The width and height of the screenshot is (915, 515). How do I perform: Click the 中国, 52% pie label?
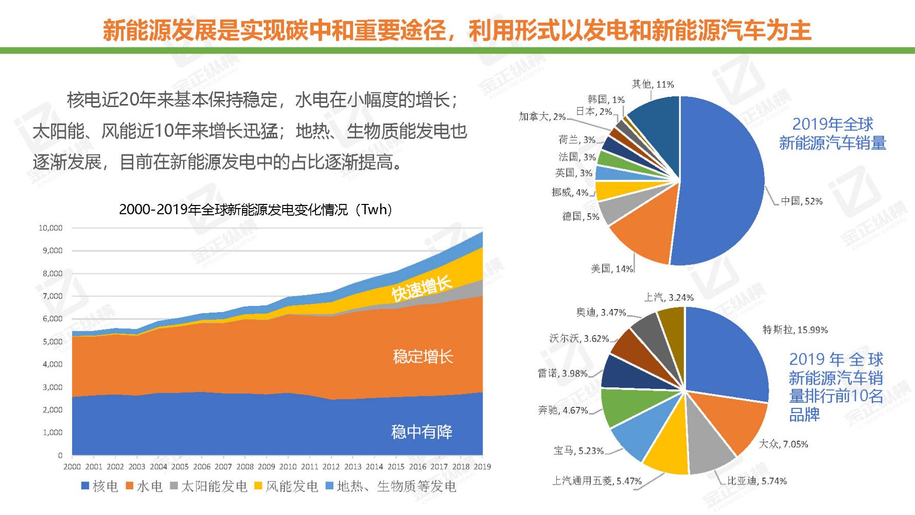tap(801, 201)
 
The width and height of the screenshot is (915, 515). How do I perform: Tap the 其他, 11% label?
tap(653, 84)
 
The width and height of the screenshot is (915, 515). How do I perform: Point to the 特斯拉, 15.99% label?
tap(795, 330)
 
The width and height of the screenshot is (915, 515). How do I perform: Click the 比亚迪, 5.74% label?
tap(756, 481)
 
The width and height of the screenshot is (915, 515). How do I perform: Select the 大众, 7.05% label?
tap(783, 444)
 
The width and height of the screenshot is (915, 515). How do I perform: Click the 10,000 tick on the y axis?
tap(50, 228)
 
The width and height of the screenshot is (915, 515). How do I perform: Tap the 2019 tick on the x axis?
tap(482, 467)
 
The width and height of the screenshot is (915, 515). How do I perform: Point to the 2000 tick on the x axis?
tap(72, 467)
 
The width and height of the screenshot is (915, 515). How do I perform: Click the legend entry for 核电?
tap(100, 486)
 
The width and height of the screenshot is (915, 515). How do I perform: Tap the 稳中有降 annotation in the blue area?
tap(421, 432)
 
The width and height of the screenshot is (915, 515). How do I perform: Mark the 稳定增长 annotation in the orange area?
tap(423, 356)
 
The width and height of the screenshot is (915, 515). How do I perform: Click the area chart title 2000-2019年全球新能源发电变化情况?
tap(256, 210)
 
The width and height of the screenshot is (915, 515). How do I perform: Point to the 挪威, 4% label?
tap(569, 192)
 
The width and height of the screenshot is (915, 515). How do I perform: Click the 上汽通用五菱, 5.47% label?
tap(596, 481)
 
